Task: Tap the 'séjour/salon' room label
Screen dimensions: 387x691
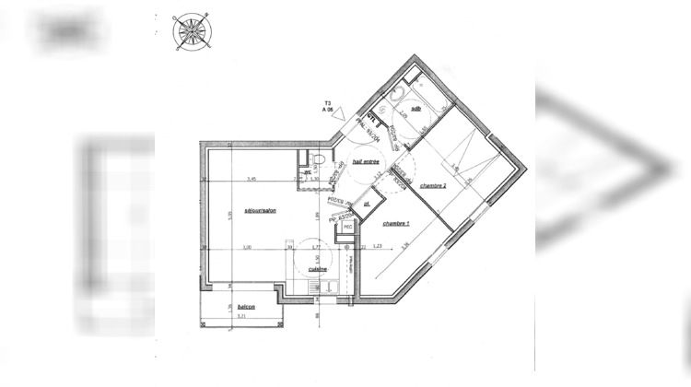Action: click(x=261, y=211)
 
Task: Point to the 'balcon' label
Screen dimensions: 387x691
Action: click(x=245, y=307)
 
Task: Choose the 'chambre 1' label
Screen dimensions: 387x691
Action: click(x=396, y=223)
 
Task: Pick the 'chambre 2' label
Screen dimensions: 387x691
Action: click(x=433, y=185)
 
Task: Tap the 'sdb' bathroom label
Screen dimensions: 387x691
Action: click(x=416, y=108)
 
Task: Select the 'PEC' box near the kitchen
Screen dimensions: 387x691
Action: click(x=347, y=227)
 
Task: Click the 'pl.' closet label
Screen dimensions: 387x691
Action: click(x=366, y=204)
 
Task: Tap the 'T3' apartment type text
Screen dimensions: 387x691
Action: click(x=326, y=102)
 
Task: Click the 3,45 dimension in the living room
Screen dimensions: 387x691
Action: click(x=250, y=178)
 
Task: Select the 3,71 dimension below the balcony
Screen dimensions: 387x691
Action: click(x=241, y=316)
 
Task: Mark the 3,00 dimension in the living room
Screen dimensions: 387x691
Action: click(x=246, y=247)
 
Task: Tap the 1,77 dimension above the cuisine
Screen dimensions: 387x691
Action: click(x=313, y=247)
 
